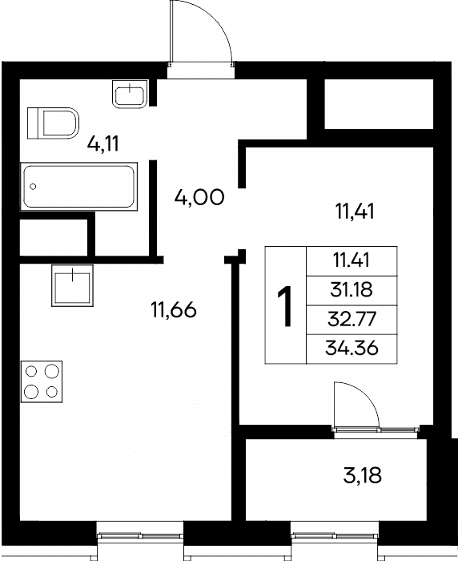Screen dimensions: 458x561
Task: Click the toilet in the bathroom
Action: (x=53, y=123)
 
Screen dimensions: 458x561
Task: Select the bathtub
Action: (x=79, y=186)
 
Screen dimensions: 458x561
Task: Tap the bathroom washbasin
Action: (x=130, y=94)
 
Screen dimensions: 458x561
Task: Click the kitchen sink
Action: (x=72, y=285)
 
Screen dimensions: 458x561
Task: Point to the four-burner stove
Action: (x=42, y=381)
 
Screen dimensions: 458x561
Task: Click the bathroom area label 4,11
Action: (x=103, y=144)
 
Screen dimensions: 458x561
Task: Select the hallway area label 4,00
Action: (x=199, y=197)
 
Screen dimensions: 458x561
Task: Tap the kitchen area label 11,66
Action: (x=174, y=309)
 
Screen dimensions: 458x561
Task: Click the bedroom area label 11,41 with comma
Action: (x=355, y=211)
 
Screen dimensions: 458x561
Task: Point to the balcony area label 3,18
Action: (x=362, y=476)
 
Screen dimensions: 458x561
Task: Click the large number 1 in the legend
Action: (x=285, y=306)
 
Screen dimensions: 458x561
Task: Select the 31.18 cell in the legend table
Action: (x=352, y=290)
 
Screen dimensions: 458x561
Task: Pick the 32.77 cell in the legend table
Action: (x=352, y=320)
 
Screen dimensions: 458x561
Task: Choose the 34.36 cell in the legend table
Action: (x=352, y=349)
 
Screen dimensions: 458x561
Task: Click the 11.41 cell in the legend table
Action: (x=352, y=260)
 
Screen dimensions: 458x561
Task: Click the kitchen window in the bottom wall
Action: (x=140, y=535)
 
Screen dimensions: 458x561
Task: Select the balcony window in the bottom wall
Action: (x=335, y=535)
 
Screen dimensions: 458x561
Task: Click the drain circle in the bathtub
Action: (x=34, y=187)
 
